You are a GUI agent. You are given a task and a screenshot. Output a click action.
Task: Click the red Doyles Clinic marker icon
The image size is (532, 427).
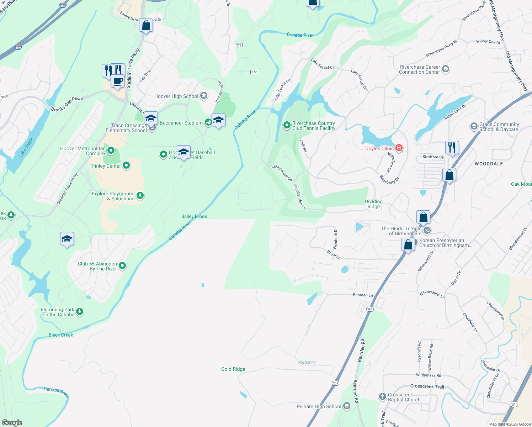[x=399, y=148]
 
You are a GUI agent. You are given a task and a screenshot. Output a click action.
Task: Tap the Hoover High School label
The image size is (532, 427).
[x=176, y=96]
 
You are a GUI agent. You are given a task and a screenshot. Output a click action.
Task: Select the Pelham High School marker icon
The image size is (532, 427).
[x=347, y=406]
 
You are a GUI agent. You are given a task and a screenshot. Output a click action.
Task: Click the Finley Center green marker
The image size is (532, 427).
[x=126, y=166]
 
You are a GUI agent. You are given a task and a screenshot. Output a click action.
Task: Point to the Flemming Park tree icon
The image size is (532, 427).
[x=80, y=312]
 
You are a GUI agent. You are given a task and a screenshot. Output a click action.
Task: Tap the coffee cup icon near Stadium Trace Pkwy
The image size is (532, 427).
[x=117, y=81]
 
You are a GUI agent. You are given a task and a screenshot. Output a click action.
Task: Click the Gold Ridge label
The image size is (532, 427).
[x=233, y=369]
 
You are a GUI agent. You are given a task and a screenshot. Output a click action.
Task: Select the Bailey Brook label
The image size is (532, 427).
[x=194, y=216]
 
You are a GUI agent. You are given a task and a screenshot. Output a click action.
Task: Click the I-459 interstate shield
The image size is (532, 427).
[x=18, y=47]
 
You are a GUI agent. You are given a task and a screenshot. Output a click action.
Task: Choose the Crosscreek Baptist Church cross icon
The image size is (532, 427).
[x=382, y=397]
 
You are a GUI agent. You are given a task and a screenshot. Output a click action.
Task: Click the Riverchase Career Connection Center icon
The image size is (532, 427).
[x=446, y=69]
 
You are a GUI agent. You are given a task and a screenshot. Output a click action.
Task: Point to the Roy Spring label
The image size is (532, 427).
[x=307, y=362]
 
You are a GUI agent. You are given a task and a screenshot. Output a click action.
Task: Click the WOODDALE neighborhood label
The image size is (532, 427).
[x=489, y=164]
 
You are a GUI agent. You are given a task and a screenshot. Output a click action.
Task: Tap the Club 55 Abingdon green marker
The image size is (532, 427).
[x=122, y=266]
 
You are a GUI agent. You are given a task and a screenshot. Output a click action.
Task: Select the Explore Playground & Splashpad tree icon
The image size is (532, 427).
[x=140, y=196]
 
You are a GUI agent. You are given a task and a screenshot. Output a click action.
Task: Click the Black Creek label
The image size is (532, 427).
[x=61, y=335]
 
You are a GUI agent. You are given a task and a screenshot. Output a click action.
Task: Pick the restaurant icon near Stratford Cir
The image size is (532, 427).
[x=452, y=147]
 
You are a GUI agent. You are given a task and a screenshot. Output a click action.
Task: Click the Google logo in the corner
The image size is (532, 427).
[x=12, y=422]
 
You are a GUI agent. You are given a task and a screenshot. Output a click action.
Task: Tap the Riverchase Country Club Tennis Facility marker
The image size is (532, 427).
[x=287, y=125]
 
